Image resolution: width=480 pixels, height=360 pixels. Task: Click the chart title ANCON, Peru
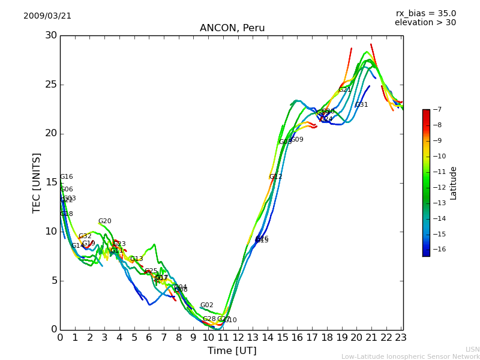(232, 28)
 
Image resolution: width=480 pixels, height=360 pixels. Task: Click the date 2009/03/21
(47, 16)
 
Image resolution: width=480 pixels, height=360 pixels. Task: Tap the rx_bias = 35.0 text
(425, 13)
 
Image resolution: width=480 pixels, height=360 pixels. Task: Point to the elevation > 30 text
(425, 23)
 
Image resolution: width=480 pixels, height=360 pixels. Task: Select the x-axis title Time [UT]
(232, 351)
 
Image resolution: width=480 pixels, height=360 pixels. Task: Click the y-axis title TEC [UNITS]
(37, 182)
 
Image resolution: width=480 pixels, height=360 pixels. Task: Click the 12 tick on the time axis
(238, 338)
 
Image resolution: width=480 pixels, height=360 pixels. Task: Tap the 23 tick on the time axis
(401, 338)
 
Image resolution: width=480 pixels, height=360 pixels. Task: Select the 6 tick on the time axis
(149, 338)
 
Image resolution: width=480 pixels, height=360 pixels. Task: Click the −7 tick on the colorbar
(436, 109)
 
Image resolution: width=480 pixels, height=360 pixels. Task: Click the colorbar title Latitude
(454, 182)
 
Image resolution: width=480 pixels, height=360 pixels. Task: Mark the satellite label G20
(105, 221)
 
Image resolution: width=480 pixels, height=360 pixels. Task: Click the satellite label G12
(275, 176)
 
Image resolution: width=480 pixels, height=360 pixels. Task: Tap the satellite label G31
(362, 105)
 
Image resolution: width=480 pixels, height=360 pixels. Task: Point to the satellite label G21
(344, 90)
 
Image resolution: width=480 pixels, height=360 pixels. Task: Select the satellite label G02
(206, 305)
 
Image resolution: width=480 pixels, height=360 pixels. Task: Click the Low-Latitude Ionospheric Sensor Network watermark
(410, 356)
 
